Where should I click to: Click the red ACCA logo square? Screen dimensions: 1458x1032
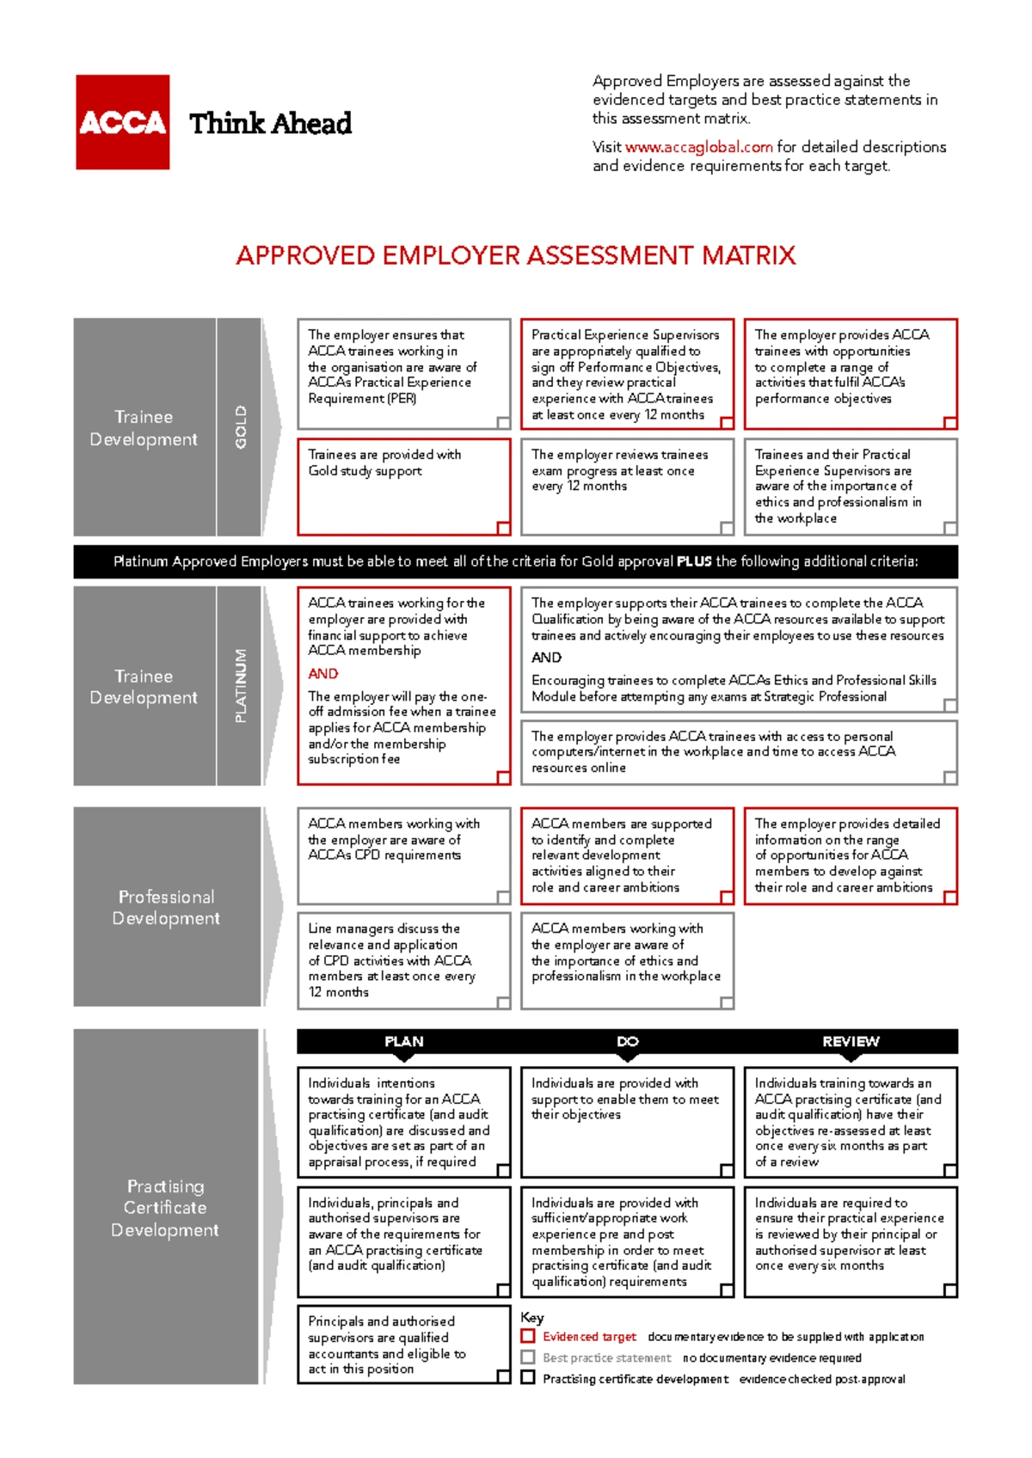(x=122, y=122)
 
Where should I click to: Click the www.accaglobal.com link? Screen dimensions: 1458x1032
(x=698, y=147)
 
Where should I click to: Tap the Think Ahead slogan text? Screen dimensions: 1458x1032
(x=270, y=124)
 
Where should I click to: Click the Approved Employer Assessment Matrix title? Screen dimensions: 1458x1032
(x=516, y=255)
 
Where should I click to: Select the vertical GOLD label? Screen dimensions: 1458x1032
(x=241, y=427)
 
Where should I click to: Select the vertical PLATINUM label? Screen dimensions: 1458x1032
(x=241, y=685)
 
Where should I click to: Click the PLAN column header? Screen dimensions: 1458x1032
(x=403, y=1041)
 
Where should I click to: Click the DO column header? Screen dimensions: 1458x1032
(x=627, y=1041)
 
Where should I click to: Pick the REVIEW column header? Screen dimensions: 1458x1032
(x=851, y=1041)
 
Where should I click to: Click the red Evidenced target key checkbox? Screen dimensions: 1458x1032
(x=528, y=1336)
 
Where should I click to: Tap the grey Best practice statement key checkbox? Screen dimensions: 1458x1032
(x=528, y=1357)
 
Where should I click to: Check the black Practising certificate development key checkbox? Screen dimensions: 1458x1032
(x=528, y=1377)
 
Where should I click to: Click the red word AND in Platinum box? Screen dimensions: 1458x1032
(x=323, y=674)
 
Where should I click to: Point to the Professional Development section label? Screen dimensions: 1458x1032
(x=166, y=907)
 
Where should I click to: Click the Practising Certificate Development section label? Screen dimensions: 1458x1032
(x=165, y=1208)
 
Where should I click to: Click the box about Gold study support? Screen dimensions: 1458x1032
(x=403, y=487)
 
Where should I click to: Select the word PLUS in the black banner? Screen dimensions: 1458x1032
(x=694, y=561)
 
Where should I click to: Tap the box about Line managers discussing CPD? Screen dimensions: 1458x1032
(x=403, y=960)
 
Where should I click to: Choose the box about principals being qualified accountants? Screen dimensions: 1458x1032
(x=403, y=1345)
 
